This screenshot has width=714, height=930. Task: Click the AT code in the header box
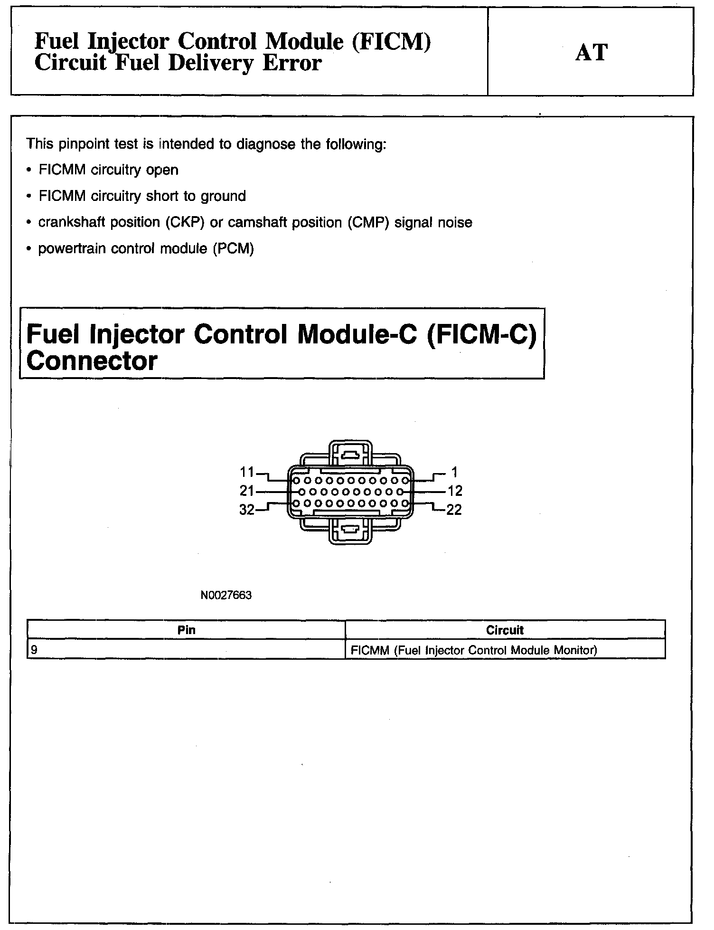pos(591,52)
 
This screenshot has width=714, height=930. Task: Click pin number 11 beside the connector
pos(247,472)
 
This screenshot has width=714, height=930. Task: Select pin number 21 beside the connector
pos(247,491)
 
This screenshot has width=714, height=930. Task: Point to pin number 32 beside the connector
pos(247,510)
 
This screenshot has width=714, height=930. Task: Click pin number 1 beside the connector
pos(454,472)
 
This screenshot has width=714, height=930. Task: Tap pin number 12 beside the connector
pos(455,491)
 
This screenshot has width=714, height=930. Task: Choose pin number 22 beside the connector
pos(454,510)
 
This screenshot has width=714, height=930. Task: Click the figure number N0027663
pos(226,595)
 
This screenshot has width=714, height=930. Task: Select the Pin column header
pos(186,630)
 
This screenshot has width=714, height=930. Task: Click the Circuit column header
pos(505,630)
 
